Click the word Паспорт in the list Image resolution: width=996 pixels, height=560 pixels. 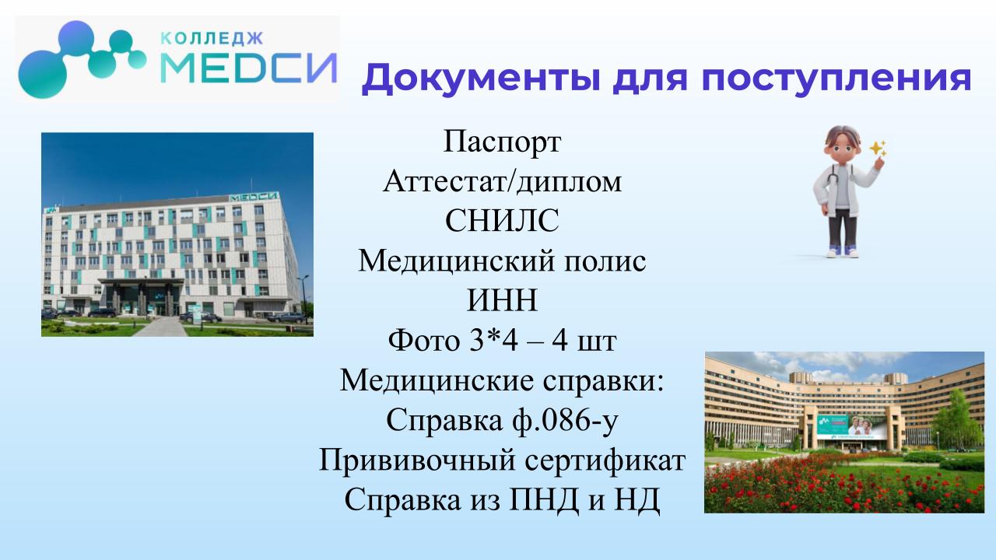point(502,142)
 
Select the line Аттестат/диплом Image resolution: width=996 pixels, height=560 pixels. point(502,182)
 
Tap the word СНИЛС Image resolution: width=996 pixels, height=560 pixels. point(502,221)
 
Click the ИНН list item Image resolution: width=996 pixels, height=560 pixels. point(502,300)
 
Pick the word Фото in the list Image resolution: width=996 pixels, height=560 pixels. point(424,340)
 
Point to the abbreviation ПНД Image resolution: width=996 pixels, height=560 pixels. point(544,500)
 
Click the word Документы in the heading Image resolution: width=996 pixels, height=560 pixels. point(481,79)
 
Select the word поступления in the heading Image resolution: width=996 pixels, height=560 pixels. point(836,79)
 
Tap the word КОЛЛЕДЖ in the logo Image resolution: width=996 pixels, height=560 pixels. point(211,39)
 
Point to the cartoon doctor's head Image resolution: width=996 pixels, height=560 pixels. point(842,145)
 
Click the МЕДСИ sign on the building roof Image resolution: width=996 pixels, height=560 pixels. point(254,197)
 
